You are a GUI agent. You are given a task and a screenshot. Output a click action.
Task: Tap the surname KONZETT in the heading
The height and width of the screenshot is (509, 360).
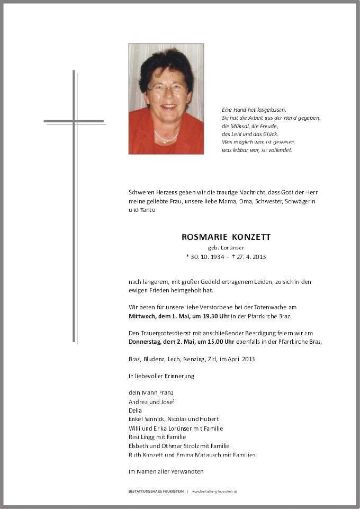[248, 237]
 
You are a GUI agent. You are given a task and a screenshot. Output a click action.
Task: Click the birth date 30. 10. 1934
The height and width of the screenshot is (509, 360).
[207, 257]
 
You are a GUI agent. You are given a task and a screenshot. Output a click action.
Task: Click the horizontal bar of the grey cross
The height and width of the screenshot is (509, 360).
[74, 121]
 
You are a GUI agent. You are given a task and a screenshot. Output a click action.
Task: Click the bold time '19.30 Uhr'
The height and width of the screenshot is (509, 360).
[203, 316]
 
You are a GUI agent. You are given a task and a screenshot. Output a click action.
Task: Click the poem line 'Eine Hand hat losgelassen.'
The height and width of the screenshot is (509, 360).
[254, 110]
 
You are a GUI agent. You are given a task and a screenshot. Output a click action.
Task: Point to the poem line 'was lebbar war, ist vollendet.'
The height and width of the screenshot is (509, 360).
[257, 150]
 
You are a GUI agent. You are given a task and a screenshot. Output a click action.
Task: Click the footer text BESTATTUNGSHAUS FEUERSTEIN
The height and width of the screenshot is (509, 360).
[156, 492]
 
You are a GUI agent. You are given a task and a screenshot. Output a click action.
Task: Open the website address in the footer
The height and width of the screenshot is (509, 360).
[214, 492]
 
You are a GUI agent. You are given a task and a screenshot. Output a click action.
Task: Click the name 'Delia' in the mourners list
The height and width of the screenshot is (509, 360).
[135, 410]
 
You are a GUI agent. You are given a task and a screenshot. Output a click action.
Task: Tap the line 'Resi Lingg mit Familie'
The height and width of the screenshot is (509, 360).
[157, 437]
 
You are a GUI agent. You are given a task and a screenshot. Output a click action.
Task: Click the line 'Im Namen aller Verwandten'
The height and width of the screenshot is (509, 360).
[166, 471]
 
